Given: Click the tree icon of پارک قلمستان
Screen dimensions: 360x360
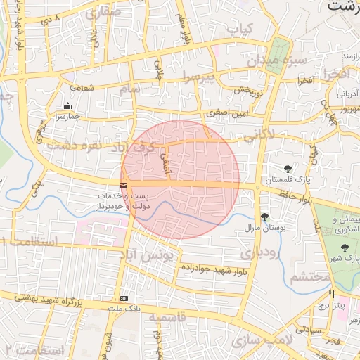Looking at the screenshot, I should coord(288,167).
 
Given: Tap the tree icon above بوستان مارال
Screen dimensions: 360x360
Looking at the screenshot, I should coord(264,217).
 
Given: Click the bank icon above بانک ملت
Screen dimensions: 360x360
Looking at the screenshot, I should coord(124,298).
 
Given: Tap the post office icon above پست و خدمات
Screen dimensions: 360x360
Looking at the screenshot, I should coord(124,186).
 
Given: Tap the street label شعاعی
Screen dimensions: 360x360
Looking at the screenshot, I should coord(82,88).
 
